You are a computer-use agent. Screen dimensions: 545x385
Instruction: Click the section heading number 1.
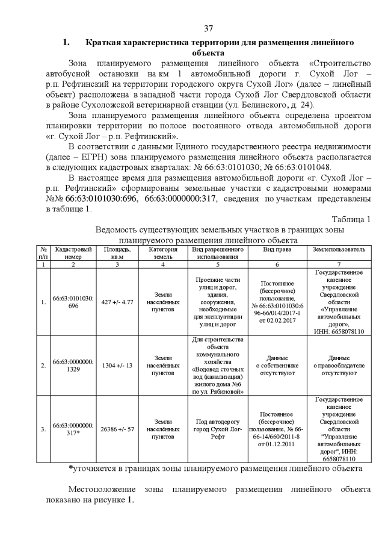(x=67, y=43)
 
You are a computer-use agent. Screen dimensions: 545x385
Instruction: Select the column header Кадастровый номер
(x=73, y=253)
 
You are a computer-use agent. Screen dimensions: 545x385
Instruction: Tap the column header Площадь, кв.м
(x=117, y=253)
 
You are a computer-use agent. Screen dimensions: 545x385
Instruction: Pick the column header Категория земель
(x=161, y=253)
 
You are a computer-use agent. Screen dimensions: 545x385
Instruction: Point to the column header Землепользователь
(x=339, y=249)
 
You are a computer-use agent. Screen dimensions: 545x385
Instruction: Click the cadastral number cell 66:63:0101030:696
(x=73, y=302)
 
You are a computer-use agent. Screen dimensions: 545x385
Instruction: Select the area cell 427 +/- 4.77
(x=117, y=302)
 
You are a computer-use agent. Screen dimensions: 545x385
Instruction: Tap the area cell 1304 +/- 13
(x=117, y=366)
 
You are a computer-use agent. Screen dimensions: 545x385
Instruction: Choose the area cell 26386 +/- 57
(x=117, y=429)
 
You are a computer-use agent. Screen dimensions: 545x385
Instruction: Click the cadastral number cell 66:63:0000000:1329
(x=73, y=366)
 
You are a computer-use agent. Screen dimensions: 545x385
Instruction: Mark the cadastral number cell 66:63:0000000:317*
(x=73, y=429)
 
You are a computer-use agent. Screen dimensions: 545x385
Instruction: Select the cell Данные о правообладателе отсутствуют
(x=339, y=366)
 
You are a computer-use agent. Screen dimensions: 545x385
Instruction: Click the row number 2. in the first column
(x=43, y=366)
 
